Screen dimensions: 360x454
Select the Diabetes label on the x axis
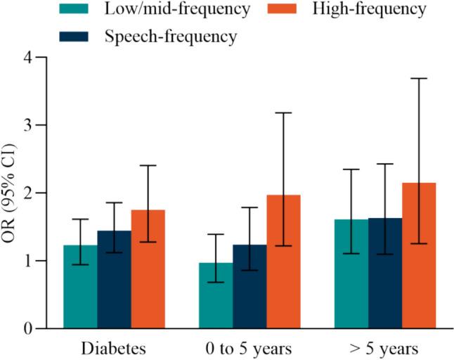pos(113,348)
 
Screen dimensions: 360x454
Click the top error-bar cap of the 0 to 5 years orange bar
pos(283,112)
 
